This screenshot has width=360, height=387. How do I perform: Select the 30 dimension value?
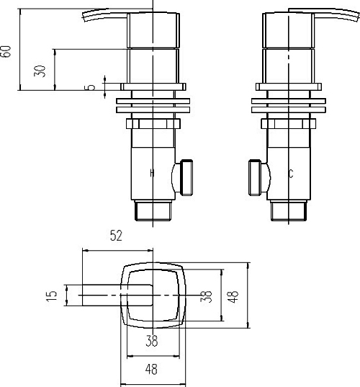point(42,70)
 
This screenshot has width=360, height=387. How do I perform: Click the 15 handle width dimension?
point(51,296)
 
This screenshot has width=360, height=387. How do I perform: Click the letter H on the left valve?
point(151,173)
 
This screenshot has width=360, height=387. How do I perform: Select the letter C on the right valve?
point(290,173)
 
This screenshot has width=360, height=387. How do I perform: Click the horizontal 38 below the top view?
point(152,342)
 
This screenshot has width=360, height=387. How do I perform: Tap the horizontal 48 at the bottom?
point(151,370)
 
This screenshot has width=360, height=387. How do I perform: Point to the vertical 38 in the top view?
point(207,296)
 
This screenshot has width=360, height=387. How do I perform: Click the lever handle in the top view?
point(108,296)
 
